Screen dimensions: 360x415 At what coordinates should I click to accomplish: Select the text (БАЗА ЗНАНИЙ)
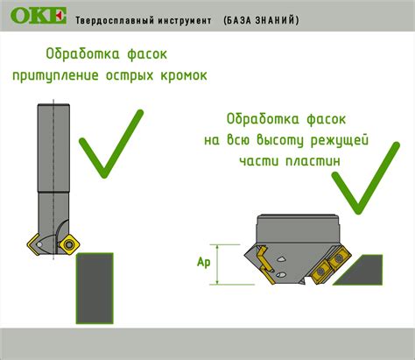[x=260, y=19]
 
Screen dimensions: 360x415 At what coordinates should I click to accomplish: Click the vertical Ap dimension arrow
[x=226, y=262]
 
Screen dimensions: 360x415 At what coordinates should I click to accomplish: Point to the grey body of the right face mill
[x=298, y=229]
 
